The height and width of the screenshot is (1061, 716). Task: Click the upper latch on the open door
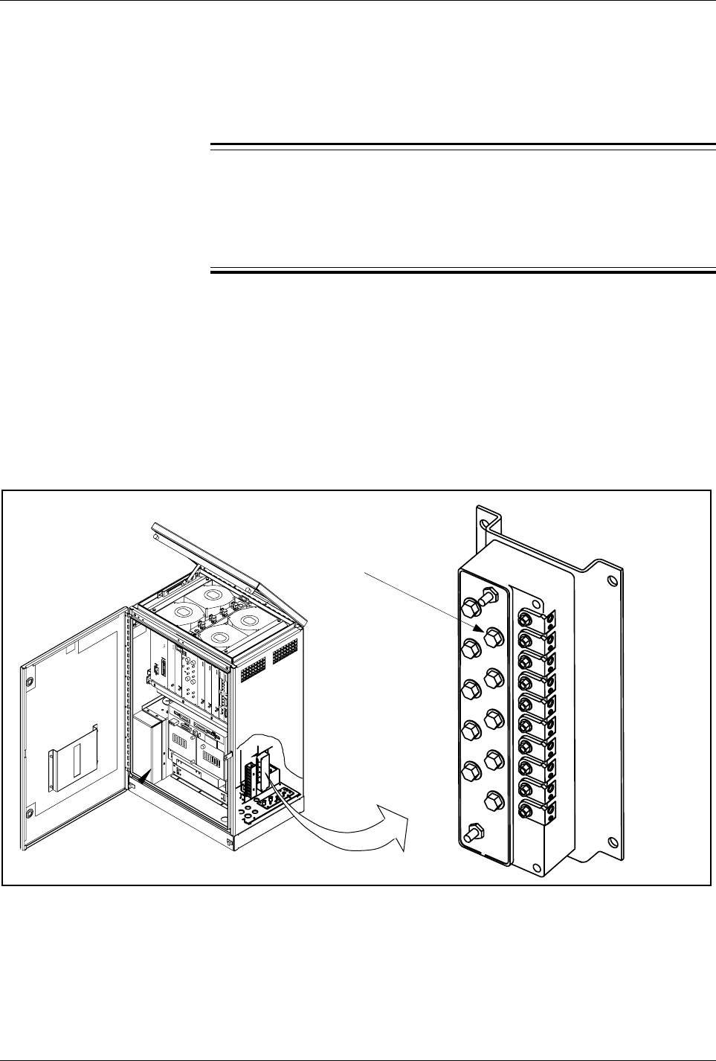(29, 682)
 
